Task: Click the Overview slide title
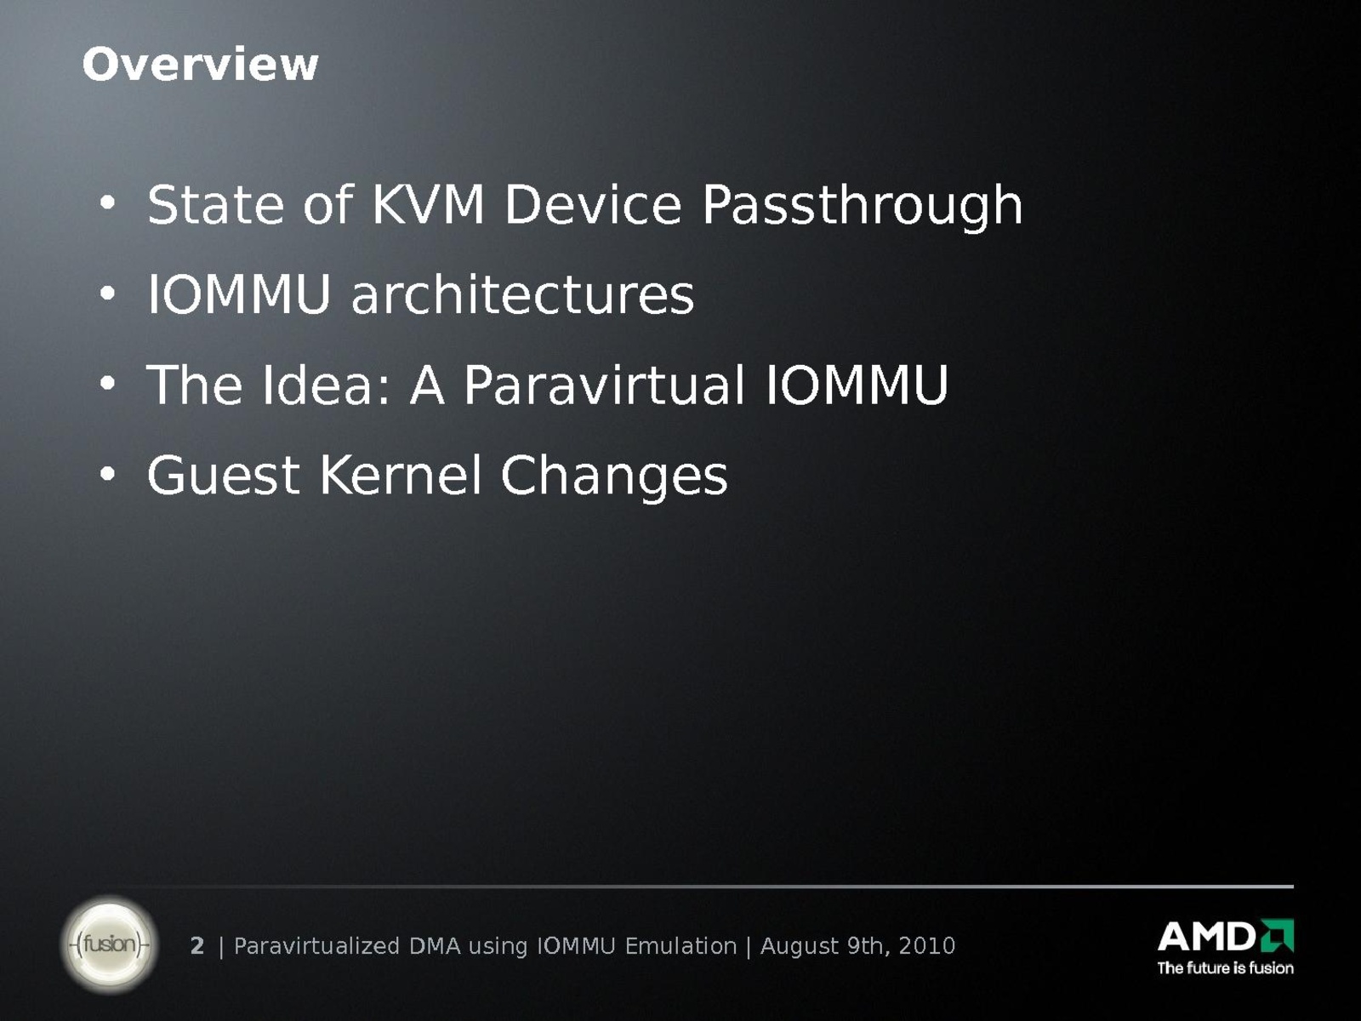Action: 200,65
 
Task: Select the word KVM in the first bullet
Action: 427,204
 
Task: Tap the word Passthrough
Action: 862,207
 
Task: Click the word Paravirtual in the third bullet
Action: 604,385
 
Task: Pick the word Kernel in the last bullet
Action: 401,475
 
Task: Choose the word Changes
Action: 614,477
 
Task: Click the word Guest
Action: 223,476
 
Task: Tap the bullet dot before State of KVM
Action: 107,202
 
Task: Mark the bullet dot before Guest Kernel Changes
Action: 107,474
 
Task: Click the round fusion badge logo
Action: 109,944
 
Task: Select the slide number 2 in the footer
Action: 197,945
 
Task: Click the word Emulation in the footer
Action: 680,945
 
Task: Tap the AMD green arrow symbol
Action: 1278,935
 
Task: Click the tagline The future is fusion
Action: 1225,967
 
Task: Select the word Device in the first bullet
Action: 594,204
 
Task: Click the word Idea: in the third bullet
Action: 326,385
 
